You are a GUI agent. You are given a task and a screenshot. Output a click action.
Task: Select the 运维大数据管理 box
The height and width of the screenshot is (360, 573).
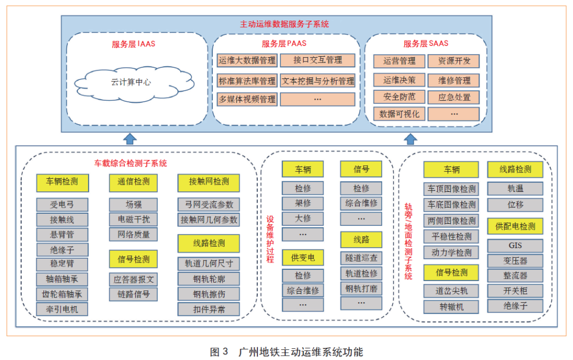[247, 60]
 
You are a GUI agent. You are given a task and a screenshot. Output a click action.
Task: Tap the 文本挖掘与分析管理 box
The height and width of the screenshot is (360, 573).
[317, 81]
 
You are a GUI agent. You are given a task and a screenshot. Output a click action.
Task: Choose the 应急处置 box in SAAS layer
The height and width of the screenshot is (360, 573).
[454, 97]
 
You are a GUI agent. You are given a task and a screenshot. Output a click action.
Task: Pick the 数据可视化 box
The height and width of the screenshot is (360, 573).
[399, 114]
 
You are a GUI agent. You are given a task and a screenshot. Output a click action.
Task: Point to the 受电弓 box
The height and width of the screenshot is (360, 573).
[62, 205]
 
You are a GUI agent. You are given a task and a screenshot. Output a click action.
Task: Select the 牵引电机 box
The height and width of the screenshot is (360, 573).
[62, 309]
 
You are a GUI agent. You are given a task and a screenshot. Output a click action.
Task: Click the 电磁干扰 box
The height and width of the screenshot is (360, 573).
[133, 219]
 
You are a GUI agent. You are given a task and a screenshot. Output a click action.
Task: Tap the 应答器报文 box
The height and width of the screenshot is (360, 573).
[133, 279]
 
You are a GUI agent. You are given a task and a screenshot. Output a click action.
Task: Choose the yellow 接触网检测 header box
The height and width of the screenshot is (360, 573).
[209, 181]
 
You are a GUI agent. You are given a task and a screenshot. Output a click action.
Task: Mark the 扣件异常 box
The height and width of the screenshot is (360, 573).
[209, 309]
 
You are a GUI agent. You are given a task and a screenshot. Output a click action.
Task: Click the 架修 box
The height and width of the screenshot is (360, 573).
[302, 203]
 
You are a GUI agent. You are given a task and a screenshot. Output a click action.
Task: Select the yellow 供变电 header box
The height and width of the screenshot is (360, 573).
[302, 258]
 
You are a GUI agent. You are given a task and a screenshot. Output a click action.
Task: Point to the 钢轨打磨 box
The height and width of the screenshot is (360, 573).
[361, 288]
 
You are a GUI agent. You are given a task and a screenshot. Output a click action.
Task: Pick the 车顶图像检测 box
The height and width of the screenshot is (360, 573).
[451, 189]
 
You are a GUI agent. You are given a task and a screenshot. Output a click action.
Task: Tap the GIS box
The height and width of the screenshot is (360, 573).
[515, 246]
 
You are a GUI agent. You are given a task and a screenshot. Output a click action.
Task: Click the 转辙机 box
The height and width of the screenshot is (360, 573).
[451, 307]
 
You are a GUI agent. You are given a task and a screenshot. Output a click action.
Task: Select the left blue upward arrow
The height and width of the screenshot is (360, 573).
[130, 139]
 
